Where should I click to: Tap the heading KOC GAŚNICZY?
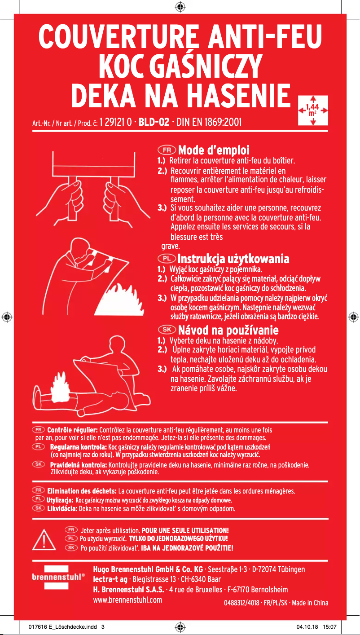point(180,66)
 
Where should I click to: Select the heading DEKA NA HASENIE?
point(180,95)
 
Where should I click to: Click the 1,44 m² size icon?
point(312,109)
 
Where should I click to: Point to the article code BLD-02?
point(154,122)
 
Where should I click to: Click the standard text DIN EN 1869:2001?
point(210,122)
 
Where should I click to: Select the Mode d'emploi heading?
point(214,150)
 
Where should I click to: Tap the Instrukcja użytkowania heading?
point(233,259)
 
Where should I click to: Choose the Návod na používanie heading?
point(228,331)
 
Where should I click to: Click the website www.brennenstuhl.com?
point(127,600)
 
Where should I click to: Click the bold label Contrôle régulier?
point(72,430)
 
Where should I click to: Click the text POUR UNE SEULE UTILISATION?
point(185,530)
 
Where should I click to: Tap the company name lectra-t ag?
point(110,579)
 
